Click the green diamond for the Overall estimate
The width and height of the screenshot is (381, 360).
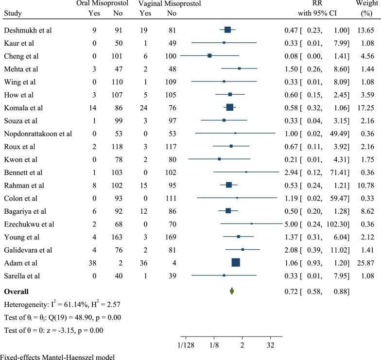point(232,291)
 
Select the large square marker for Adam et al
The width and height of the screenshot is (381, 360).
point(236,262)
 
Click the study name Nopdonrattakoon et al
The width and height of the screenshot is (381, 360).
point(38,133)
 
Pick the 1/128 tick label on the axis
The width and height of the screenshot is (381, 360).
point(186,344)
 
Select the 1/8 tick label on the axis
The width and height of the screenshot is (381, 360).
point(214,344)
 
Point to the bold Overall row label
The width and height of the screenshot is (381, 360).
point(16,292)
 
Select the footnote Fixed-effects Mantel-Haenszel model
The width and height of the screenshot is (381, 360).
point(57,357)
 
